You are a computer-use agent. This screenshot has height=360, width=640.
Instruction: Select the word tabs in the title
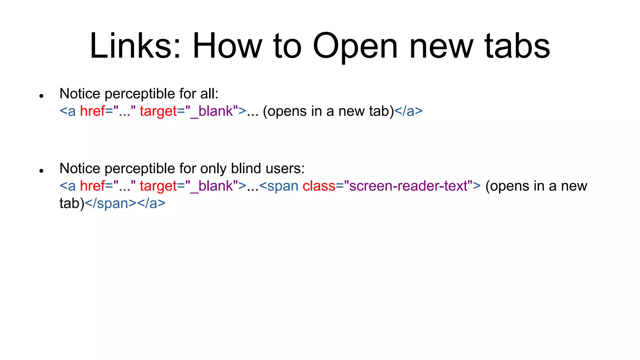517,46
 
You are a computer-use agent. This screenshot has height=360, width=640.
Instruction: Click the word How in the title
227,46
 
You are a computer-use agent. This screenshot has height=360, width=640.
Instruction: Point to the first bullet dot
41,96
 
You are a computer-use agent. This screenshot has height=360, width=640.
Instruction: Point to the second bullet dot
41,171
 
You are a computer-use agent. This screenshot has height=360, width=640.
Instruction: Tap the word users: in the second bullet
285,169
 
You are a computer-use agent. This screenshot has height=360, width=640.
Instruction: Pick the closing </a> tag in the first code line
408,111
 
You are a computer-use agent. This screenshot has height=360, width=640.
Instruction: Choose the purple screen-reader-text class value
408,186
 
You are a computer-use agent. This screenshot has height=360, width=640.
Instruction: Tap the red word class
319,186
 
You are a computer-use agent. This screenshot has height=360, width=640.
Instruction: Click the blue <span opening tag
279,186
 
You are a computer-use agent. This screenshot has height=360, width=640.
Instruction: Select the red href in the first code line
92,111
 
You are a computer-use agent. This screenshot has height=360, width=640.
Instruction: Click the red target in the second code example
158,186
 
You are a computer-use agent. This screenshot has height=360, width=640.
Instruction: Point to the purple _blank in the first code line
212,112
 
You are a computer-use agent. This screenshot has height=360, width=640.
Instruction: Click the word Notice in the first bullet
80,94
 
